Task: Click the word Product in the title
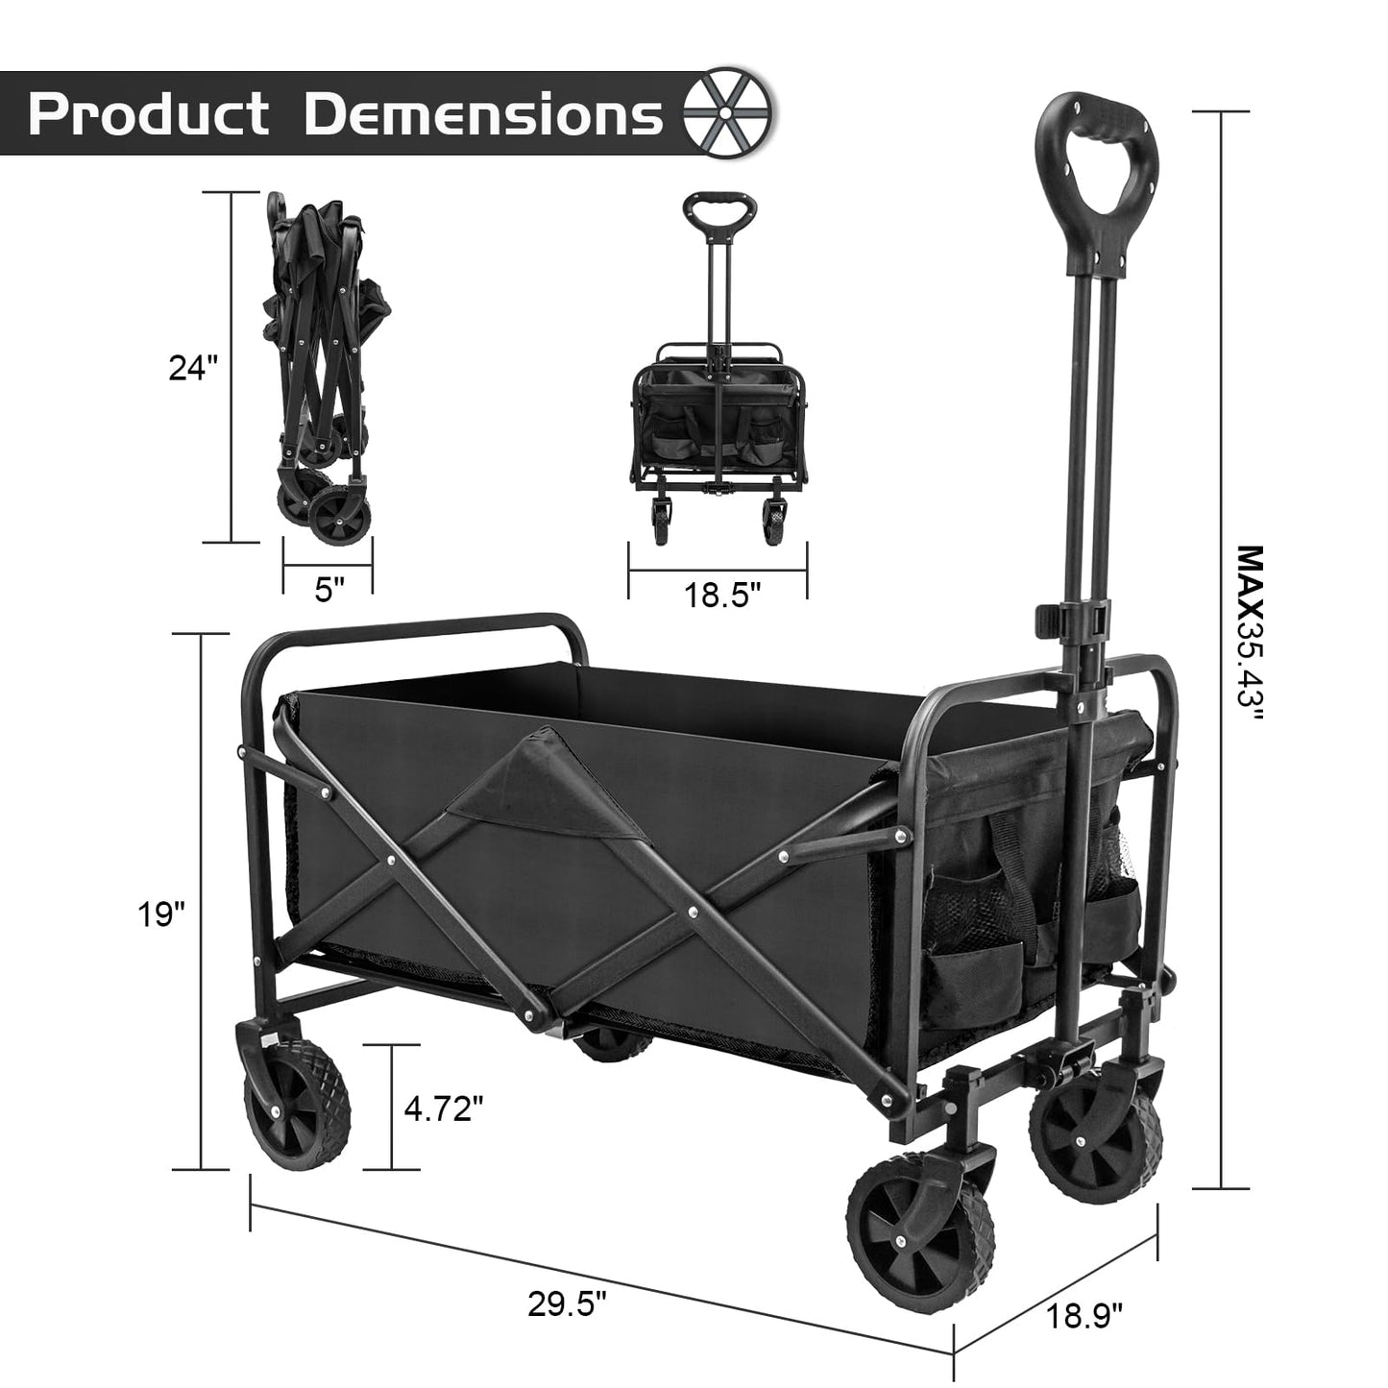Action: [149, 115]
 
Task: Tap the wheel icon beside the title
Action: [727, 113]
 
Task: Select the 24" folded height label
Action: [193, 367]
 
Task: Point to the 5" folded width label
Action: [329, 590]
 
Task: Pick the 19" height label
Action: [158, 913]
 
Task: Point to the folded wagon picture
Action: [317, 365]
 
